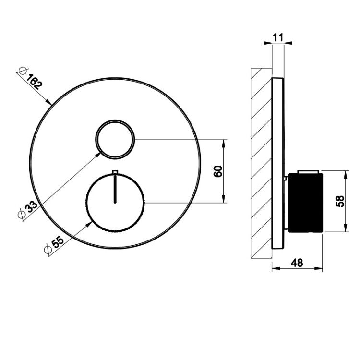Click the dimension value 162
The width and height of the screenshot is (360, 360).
tap(35, 82)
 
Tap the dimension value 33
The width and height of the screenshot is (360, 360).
tap(31, 206)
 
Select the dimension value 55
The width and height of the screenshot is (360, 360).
tap(58, 242)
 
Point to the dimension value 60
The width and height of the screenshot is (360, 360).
tap(218, 171)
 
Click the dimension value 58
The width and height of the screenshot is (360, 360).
tap(340, 201)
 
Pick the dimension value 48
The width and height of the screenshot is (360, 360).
tap(297, 263)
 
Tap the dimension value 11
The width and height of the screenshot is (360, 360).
tap(278, 37)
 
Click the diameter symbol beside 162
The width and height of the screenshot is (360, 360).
tap(23, 71)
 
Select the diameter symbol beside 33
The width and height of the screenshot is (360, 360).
tap(21, 215)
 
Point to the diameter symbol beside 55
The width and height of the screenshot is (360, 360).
tap(48, 250)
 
